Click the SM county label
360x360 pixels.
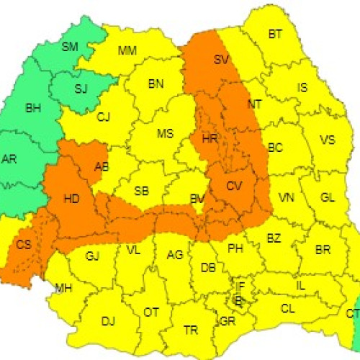(x=70, y=47)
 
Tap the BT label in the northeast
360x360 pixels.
(x=276, y=34)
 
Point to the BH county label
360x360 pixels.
(x=33, y=109)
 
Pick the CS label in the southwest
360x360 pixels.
(x=24, y=245)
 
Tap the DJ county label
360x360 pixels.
(x=108, y=320)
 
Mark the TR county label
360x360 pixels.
(x=191, y=330)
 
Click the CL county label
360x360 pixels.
(x=288, y=308)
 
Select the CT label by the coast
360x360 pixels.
(x=351, y=313)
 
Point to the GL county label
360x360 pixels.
(x=328, y=197)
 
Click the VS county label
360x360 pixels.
(x=327, y=140)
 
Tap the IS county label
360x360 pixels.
(x=302, y=88)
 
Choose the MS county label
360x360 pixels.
(x=166, y=133)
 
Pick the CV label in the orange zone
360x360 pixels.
(x=234, y=186)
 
